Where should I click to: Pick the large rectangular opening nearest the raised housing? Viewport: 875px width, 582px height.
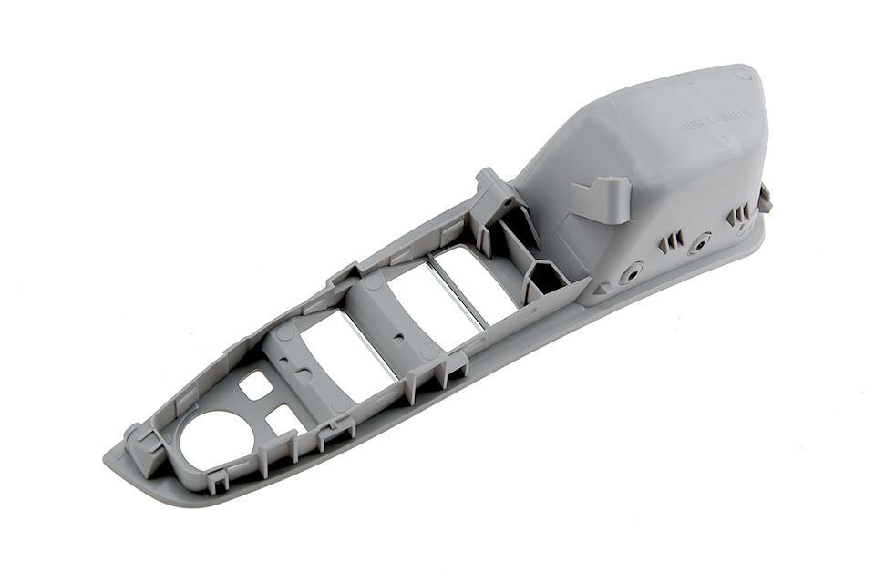[474, 278]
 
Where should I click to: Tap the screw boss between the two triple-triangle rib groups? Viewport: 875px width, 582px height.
[699, 244]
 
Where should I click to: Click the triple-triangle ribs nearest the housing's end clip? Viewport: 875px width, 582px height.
[737, 216]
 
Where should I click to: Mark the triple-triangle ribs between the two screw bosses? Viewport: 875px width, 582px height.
[670, 241]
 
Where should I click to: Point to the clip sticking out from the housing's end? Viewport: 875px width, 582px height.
[764, 197]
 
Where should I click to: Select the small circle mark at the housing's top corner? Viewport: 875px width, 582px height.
[743, 74]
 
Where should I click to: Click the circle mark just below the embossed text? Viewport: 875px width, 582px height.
[720, 141]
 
